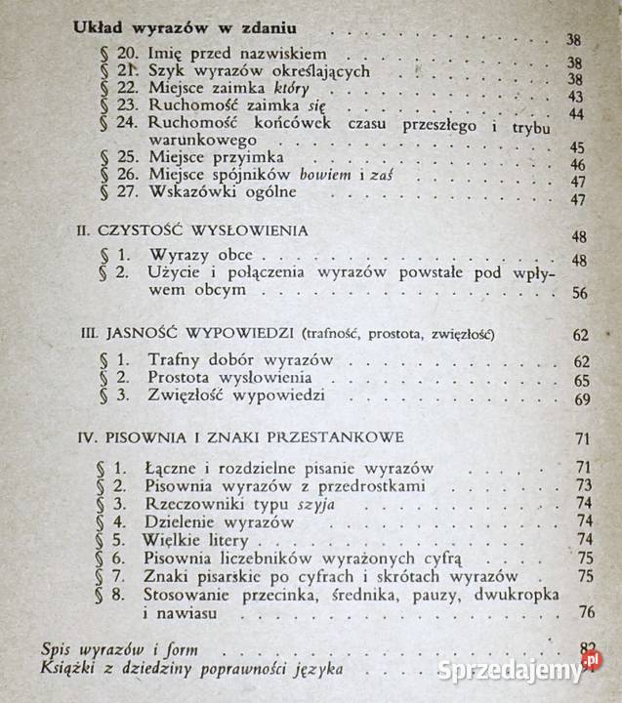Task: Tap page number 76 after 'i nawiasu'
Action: click(585, 612)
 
